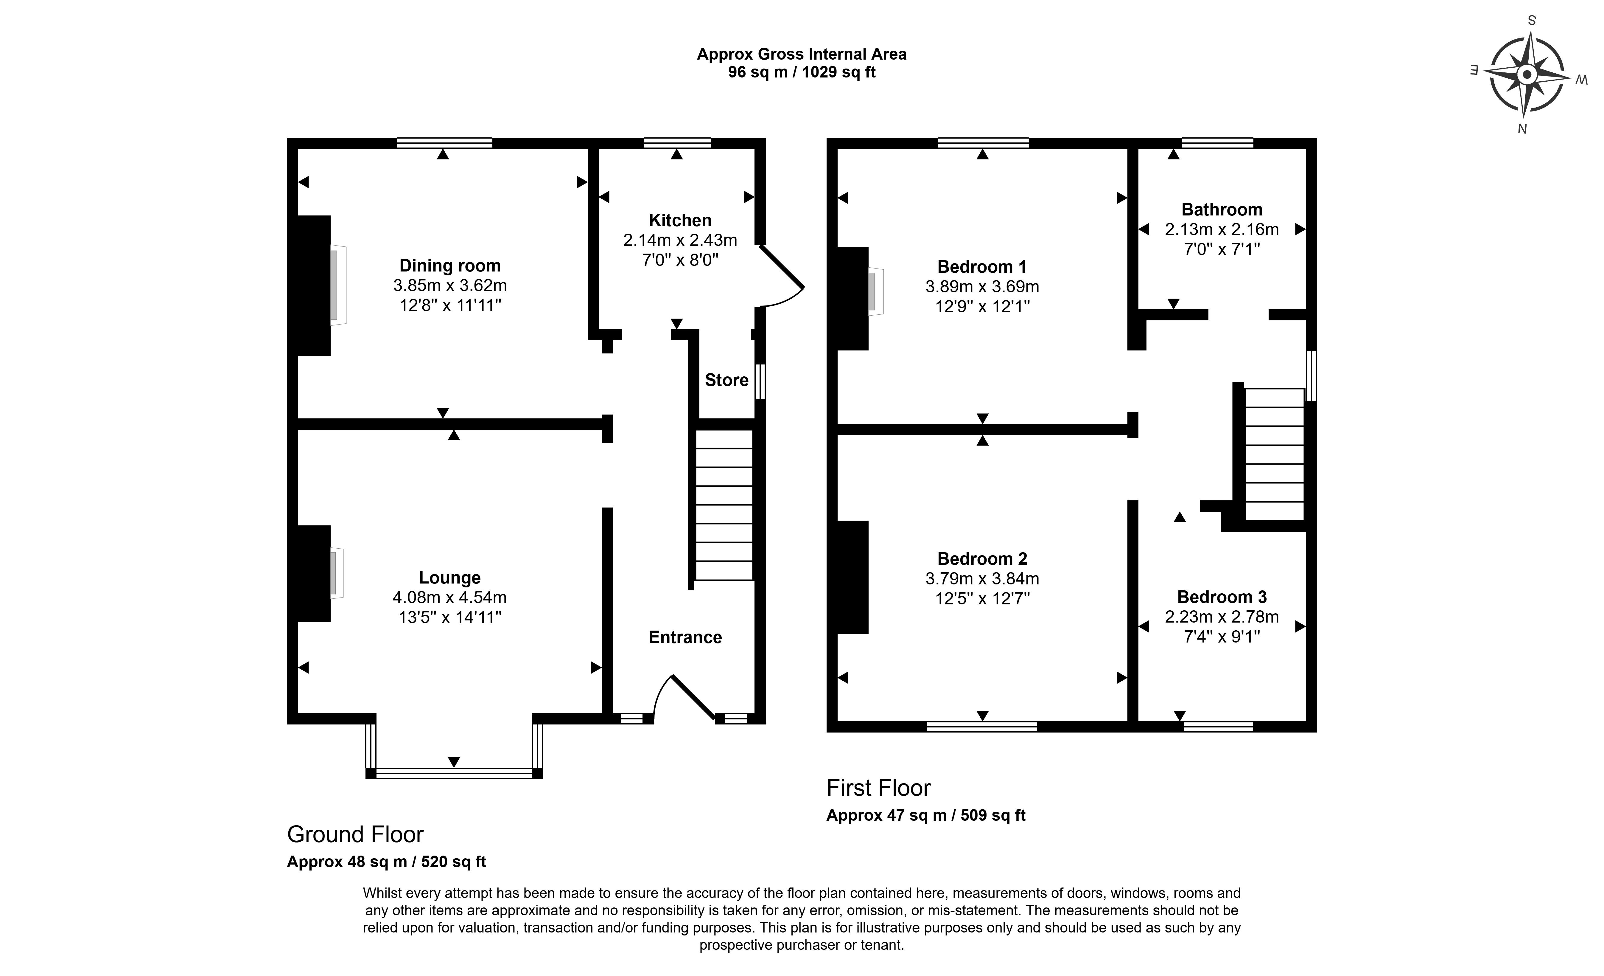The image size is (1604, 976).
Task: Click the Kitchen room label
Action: [680, 220]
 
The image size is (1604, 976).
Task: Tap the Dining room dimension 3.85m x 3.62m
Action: [450, 285]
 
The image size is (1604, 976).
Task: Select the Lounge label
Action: [450, 578]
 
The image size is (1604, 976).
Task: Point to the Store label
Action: [726, 380]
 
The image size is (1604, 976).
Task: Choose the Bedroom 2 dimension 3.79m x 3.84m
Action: [982, 578]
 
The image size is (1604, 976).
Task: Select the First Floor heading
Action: [878, 788]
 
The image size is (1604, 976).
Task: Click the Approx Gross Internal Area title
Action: [801, 54]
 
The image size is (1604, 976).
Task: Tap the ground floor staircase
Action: [724, 505]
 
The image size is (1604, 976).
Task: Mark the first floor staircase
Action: [1274, 454]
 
